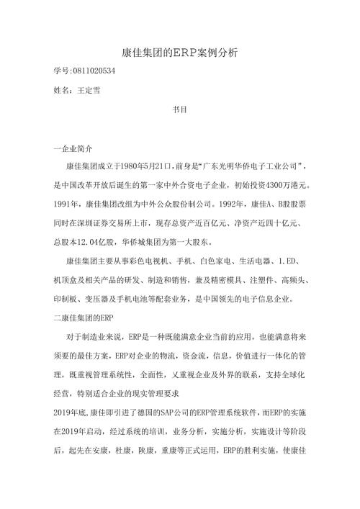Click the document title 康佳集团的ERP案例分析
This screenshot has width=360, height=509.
point(180,53)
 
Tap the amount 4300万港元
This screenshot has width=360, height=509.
point(292,184)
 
